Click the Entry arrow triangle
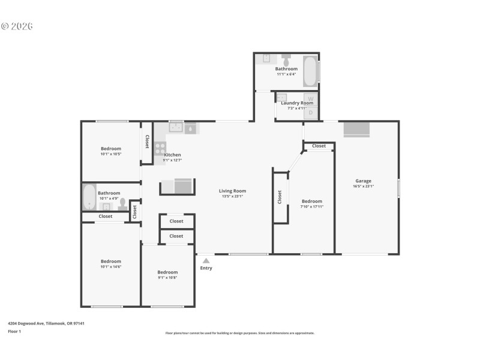click(x=206, y=260)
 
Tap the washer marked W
click(x=310, y=98)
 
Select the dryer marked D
click(x=310, y=112)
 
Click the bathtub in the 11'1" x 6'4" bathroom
click(x=310, y=71)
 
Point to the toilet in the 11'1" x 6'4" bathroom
click(x=286, y=61)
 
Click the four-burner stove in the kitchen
click(x=160, y=148)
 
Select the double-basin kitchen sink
click(x=176, y=127)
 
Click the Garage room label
click(x=363, y=181)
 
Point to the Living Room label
click(x=234, y=191)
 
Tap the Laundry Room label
click(x=297, y=103)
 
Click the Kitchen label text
click(x=172, y=155)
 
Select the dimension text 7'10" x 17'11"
click(x=312, y=206)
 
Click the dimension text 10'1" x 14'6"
click(x=110, y=266)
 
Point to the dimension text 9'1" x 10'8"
click(x=167, y=277)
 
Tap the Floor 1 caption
click(x=14, y=331)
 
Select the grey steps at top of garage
click(x=356, y=130)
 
